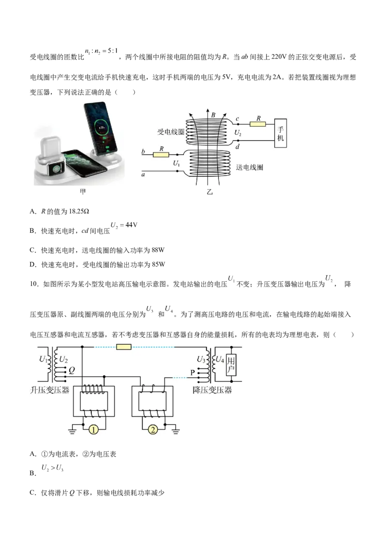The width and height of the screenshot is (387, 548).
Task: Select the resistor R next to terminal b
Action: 161,154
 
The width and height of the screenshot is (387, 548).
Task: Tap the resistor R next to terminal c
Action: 258,124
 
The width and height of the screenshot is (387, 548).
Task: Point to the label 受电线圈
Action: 171,132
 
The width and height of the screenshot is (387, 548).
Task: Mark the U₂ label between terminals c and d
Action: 238,132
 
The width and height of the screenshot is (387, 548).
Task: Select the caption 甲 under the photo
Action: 83,192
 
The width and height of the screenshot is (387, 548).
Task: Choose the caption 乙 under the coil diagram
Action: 209,192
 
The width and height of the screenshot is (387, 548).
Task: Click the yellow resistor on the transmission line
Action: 124,347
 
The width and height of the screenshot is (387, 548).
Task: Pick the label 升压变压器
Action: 50,390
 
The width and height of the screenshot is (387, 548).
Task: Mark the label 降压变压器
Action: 212,390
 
